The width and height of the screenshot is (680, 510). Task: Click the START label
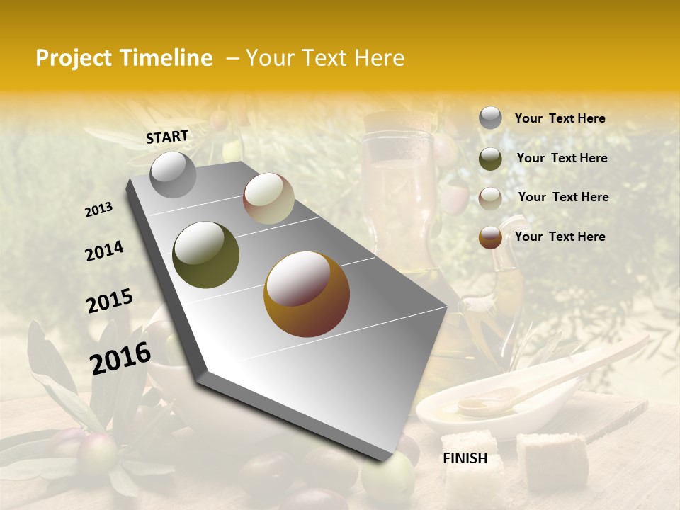point(167,137)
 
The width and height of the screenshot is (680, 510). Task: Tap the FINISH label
point(465,458)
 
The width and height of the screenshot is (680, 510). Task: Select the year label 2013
point(99,210)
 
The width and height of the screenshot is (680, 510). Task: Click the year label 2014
point(105,251)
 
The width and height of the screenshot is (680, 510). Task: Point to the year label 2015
point(110,301)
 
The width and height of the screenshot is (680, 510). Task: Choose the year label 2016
point(120,358)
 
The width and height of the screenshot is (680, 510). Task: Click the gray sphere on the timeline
point(174,174)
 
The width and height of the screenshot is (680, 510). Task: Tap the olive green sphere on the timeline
point(205,255)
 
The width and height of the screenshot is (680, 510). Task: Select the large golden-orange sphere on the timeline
point(307,294)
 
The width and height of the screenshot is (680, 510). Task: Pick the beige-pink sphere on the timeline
point(268,198)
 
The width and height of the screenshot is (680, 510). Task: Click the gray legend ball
point(490,118)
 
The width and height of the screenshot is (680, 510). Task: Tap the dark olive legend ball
point(490,159)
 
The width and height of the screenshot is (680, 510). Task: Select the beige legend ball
point(490,198)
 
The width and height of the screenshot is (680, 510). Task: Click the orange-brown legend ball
point(490,237)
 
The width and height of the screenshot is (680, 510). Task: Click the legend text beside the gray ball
point(560,118)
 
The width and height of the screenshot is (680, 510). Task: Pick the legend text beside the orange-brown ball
point(560,237)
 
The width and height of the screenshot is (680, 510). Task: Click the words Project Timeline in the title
point(124,58)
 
